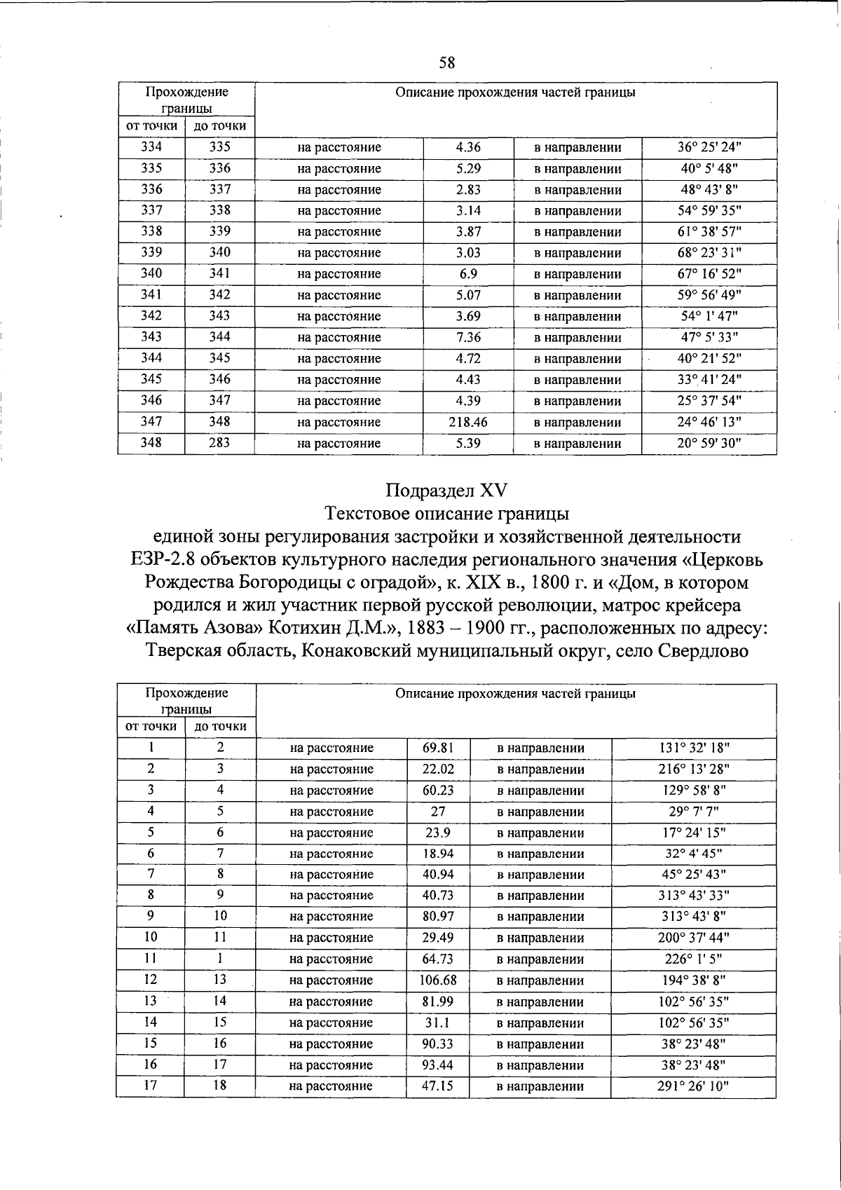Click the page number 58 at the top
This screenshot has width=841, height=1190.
click(447, 63)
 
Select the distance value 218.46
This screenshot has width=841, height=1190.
click(468, 422)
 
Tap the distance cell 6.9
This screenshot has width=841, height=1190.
click(468, 274)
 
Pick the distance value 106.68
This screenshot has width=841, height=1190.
click(438, 980)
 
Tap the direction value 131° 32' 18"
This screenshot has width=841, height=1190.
click(693, 748)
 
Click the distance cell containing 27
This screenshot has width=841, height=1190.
click(438, 812)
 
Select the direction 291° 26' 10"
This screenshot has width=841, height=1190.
click(693, 1086)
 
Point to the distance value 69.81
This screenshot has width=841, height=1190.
click(438, 748)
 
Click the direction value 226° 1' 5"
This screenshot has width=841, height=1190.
click(693, 959)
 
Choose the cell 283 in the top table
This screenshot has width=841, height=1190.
click(219, 443)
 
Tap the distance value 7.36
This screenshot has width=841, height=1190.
click(468, 337)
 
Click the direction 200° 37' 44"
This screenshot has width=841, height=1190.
click(693, 938)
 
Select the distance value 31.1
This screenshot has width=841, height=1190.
click(438, 1023)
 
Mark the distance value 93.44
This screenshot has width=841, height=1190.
click(438, 1065)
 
